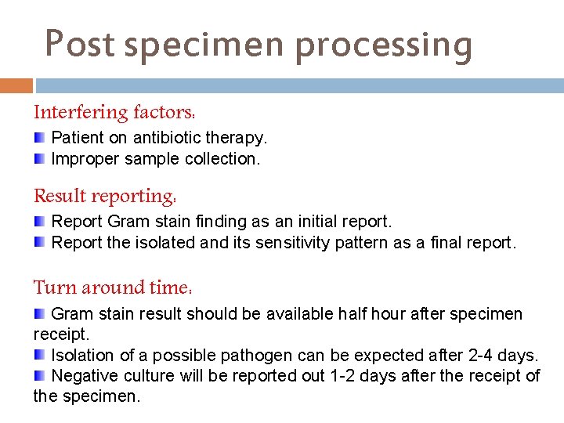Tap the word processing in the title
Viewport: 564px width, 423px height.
pos(383,45)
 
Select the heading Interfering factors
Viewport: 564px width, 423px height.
pos(114,113)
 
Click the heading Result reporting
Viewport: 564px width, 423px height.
pos(106,195)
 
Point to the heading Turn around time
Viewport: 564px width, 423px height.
pos(112,287)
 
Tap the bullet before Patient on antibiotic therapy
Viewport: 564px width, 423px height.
pos(39,138)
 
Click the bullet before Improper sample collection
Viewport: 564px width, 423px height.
pos(39,158)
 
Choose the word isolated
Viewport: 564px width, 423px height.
pos(167,243)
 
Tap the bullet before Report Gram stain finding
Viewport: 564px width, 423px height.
pos(39,222)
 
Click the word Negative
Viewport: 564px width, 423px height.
pos(84,376)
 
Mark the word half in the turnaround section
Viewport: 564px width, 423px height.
pos(354,314)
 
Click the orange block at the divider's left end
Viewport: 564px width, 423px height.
pos(16,85)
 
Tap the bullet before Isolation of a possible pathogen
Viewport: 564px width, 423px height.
pos(39,356)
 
